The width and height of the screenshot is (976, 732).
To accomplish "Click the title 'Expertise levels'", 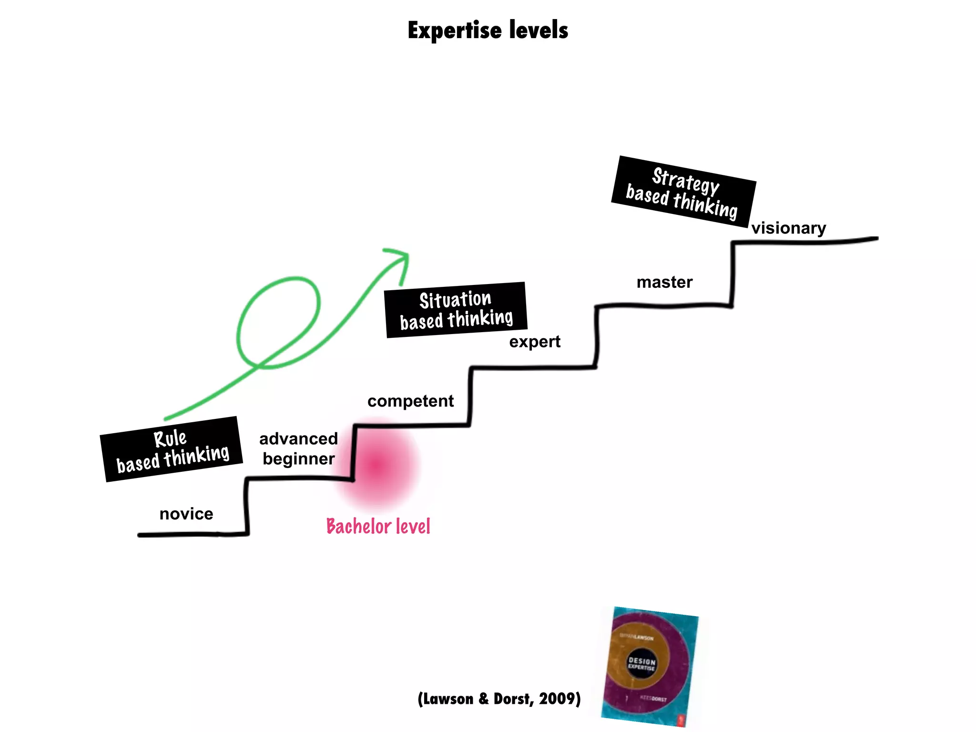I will (488, 30).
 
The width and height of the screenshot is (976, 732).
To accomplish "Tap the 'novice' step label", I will (186, 514).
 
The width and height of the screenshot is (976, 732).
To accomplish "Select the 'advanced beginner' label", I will (298, 448).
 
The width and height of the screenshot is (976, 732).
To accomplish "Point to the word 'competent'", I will (410, 401).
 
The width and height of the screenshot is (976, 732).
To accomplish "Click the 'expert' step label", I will (535, 342).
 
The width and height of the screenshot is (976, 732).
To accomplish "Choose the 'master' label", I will (664, 282).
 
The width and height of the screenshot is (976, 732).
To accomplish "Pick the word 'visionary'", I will (789, 228).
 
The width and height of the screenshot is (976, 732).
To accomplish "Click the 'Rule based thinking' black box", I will (171, 449).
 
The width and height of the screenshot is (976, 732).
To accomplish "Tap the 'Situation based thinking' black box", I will (456, 310).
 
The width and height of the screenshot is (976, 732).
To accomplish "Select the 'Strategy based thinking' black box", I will (683, 192).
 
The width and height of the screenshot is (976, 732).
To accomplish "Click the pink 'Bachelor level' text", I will (378, 527).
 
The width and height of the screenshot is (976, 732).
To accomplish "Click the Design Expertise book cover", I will (650, 666).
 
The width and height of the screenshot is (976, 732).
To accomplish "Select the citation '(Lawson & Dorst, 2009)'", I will (499, 699).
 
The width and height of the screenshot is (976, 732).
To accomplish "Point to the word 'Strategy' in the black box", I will (685, 180).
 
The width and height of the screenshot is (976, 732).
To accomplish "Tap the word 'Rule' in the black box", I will (170, 438).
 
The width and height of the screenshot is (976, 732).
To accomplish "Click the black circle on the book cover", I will (642, 663).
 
